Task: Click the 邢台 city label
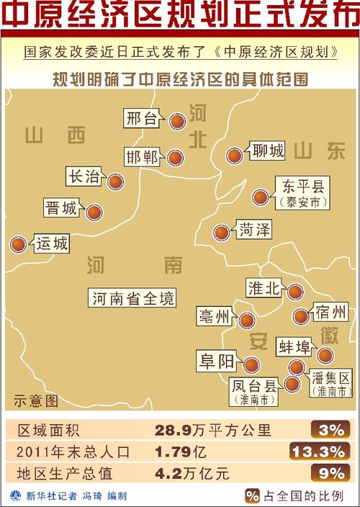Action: (x=141, y=119)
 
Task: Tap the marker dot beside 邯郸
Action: (x=175, y=157)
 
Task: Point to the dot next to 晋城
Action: (x=94, y=212)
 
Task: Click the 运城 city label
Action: (x=52, y=244)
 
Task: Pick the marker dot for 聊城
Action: (x=234, y=155)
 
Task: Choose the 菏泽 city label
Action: (x=254, y=230)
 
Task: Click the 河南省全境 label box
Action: (x=134, y=297)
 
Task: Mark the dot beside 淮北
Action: (x=295, y=291)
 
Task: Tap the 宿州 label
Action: (x=330, y=313)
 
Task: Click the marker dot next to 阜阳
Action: (x=251, y=364)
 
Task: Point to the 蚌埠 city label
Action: (x=294, y=348)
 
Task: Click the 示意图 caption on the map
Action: (x=35, y=400)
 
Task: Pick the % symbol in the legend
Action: (x=252, y=495)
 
